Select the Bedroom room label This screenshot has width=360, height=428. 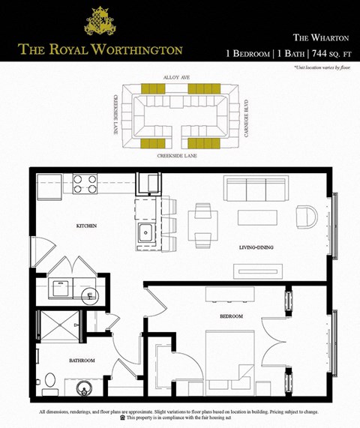click(232, 317)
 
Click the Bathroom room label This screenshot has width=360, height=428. click(82, 361)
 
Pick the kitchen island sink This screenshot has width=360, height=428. click(145, 232)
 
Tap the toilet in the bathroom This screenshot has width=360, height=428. click(50, 383)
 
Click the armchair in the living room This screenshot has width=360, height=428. click(306, 217)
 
